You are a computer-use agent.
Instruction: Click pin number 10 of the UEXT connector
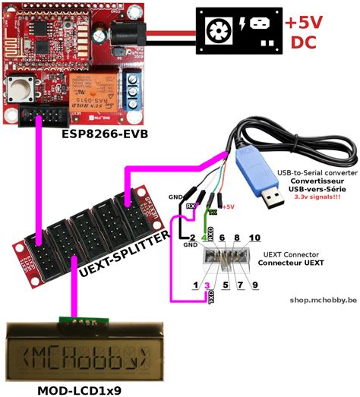[x=254, y=238]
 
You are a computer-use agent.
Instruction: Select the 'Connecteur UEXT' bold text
[x=291, y=263]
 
